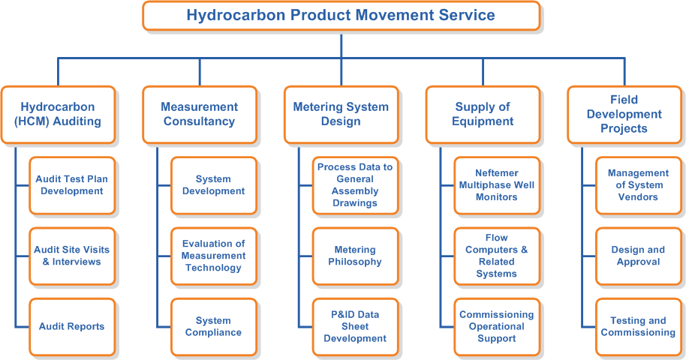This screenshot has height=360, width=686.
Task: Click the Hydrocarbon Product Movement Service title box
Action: [341, 16]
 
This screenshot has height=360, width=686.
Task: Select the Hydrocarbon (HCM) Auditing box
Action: [58, 115]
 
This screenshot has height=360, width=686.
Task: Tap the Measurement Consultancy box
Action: [200, 115]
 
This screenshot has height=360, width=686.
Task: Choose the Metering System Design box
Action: [341, 115]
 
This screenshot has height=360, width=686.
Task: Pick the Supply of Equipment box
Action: [483, 115]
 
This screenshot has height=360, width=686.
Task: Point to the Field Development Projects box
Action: [624, 115]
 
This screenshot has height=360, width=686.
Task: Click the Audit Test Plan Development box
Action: [72, 185]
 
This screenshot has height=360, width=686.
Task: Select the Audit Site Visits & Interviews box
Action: [72, 256]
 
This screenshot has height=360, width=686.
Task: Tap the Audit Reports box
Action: [72, 327]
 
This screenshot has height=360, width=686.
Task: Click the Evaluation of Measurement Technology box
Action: [214, 256]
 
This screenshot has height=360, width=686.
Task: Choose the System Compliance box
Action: [214, 327]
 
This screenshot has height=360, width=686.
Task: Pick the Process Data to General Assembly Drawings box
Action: [355, 185]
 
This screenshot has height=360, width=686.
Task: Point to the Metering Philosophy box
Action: [355, 256]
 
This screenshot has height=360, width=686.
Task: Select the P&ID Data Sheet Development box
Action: [355, 327]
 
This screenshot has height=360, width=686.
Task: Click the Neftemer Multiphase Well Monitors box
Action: [497, 185]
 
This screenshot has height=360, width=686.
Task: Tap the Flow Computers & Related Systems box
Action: [497, 256]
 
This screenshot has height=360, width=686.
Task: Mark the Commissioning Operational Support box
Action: [497, 327]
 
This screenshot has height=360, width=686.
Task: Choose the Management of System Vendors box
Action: [639, 185]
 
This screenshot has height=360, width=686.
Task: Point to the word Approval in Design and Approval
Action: [638, 262]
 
